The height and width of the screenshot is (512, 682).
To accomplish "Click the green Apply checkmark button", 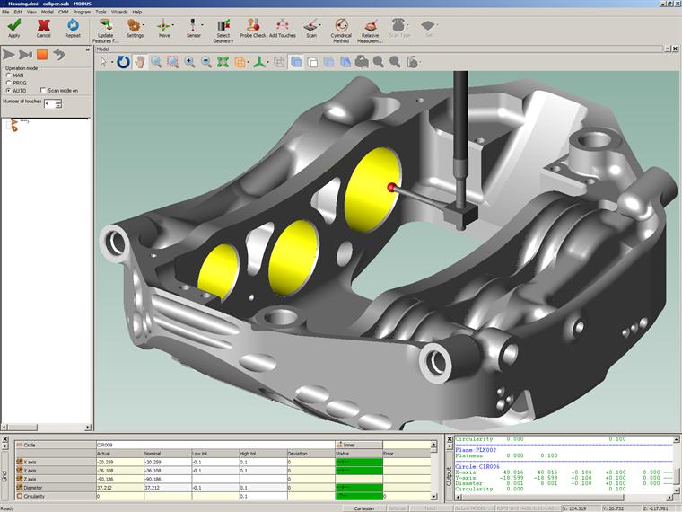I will click(x=13, y=28).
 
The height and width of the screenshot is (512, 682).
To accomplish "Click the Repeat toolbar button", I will click(x=72, y=28).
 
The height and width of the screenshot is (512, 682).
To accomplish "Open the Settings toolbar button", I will click(x=135, y=28).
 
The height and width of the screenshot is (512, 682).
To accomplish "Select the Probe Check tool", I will click(x=252, y=28).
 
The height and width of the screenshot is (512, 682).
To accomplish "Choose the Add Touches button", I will click(x=282, y=28).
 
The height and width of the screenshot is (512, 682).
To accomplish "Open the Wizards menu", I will click(x=118, y=12).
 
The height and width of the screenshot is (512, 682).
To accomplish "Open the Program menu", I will click(x=82, y=12).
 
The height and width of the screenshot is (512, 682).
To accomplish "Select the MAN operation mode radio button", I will click(x=9, y=75).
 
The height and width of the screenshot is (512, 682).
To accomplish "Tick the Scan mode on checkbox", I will click(x=43, y=91).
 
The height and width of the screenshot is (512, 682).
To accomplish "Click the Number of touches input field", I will click(x=48, y=104).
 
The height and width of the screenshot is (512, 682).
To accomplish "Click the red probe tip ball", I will click(x=391, y=187).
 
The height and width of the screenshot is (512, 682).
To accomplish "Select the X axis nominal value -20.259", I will click(x=166, y=462).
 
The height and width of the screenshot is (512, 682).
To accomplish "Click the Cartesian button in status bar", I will click(x=364, y=508).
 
